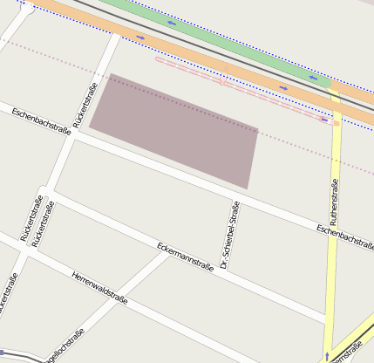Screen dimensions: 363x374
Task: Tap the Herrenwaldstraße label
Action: [99, 289]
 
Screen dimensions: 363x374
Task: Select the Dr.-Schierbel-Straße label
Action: [230, 234]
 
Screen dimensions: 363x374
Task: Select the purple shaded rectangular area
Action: [174, 131]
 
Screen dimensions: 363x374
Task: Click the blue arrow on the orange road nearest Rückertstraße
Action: [140, 38]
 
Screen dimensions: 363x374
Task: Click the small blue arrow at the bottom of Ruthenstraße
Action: [328, 357]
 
